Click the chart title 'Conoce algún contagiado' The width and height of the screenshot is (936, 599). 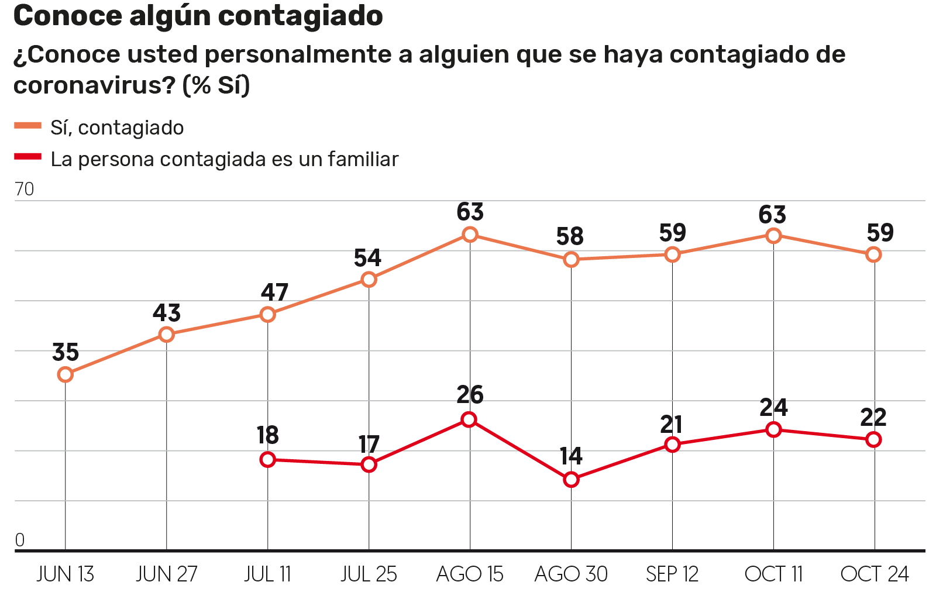[x=198, y=16]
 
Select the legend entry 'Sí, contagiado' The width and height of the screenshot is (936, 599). [x=117, y=128]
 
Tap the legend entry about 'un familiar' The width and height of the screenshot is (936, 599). [x=224, y=159]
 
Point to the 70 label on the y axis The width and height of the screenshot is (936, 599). [x=25, y=189]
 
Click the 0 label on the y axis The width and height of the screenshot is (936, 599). [x=20, y=540]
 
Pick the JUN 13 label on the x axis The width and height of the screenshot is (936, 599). [x=65, y=574]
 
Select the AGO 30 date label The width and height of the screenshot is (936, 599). [x=571, y=574]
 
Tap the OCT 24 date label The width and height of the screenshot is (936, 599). [x=874, y=574]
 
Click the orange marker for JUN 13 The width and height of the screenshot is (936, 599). [x=66, y=374]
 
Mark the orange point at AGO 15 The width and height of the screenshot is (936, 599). [x=470, y=235]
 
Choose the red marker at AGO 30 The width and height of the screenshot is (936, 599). [x=571, y=480]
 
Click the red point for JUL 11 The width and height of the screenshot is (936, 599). [x=267, y=460]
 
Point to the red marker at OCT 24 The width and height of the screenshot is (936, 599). [x=873, y=439]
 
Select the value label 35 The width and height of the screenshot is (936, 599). [x=66, y=353]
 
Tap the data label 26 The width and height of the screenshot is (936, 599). [x=470, y=395]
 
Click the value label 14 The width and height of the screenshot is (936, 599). [x=571, y=456]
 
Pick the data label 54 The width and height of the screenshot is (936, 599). [x=367, y=258]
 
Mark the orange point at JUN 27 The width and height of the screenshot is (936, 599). [x=167, y=335]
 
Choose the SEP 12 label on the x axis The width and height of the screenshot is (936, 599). [x=672, y=574]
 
